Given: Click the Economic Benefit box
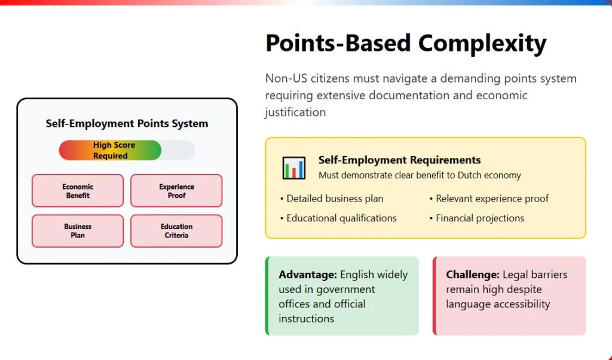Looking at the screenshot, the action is pyautogui.click(x=78, y=191).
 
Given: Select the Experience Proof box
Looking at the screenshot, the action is pyautogui.click(x=176, y=191).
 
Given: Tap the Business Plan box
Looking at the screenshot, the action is pyautogui.click(x=78, y=231).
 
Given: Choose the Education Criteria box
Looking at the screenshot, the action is pyautogui.click(x=176, y=231).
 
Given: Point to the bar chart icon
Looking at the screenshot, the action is pyautogui.click(x=294, y=168).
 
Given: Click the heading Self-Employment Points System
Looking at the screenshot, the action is pyautogui.click(x=127, y=123).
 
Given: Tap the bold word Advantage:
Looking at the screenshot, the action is pyautogui.click(x=308, y=274).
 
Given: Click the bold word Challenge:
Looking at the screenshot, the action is pyautogui.click(x=473, y=274).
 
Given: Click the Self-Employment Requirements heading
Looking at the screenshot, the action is pyautogui.click(x=399, y=160).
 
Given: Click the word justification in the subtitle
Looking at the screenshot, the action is pyautogui.click(x=295, y=112).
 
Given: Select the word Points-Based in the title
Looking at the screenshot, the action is pyautogui.click(x=338, y=42).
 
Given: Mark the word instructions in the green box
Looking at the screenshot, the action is pyautogui.click(x=307, y=319).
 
